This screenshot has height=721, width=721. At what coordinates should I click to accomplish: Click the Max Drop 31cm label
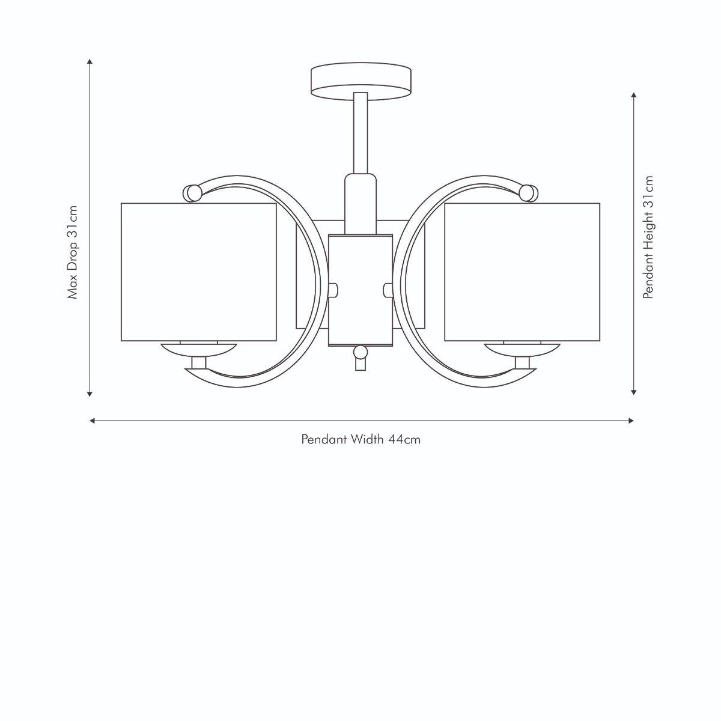[73, 252]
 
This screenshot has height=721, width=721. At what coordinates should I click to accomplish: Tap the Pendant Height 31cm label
[648, 237]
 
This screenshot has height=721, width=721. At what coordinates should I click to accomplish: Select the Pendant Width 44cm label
[360, 439]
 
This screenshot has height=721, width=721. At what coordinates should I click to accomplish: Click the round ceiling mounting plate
[361, 81]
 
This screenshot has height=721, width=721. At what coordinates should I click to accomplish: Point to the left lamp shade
[199, 272]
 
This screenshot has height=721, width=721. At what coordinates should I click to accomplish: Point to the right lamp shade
[522, 272]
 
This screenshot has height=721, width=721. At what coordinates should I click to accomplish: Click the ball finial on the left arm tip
[192, 193]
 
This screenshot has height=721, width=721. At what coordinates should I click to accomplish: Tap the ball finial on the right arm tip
[528, 193]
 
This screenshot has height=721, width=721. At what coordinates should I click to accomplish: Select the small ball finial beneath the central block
[360, 351]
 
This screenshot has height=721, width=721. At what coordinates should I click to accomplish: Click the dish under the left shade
[199, 348]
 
